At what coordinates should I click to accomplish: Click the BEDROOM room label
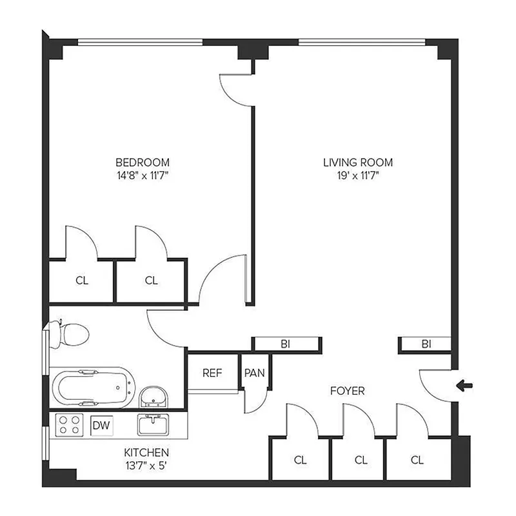pos(142,162)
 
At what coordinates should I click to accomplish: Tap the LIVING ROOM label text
pos(357,162)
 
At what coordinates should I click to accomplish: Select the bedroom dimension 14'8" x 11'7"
pos(142,175)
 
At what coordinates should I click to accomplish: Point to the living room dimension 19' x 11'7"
pos(357,175)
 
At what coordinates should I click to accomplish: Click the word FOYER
pos(347,391)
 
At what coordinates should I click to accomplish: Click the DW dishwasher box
pos(101,425)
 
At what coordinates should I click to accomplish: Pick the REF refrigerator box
pos(212,373)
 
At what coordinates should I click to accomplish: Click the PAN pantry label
pos(252,373)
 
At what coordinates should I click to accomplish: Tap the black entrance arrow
pos(464,386)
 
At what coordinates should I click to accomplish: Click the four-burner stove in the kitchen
pos(70,424)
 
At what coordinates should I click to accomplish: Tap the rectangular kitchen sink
pos(154,424)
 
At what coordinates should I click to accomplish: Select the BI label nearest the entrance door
pos(426,344)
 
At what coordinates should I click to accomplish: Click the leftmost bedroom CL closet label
pos(81,281)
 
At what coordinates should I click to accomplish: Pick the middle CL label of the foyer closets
pos(361,460)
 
